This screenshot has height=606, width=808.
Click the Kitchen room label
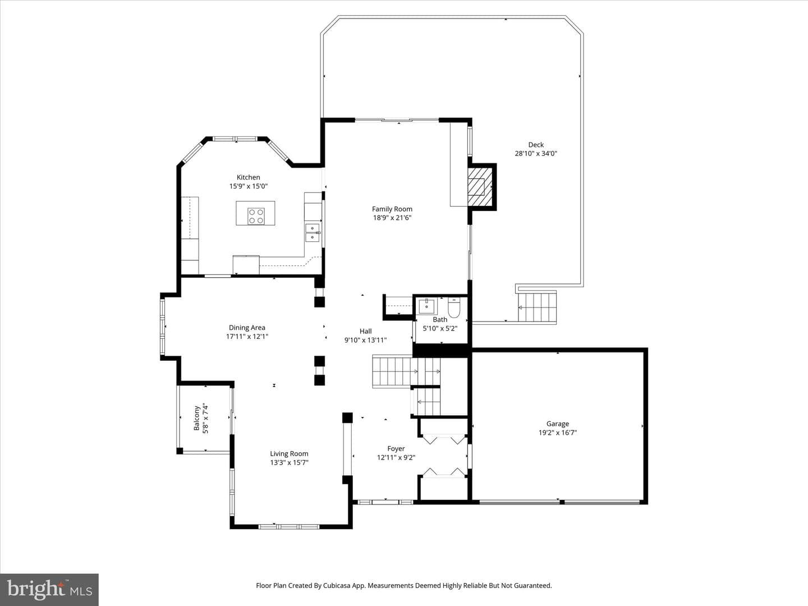tap(248, 177)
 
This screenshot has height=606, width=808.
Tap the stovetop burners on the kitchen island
tap(256, 216)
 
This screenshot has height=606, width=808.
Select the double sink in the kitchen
tap(313, 233)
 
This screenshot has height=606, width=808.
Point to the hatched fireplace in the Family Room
tap(480, 187)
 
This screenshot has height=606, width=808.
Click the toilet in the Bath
tap(454, 307)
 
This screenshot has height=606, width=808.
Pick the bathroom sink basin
tap(426, 306)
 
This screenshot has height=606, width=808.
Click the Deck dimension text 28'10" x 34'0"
tap(536, 153)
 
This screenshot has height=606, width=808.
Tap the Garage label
tap(558, 424)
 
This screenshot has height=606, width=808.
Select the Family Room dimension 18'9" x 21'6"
tap(392, 218)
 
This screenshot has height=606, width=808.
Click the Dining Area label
tap(247, 328)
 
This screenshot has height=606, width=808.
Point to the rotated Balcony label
tap(196, 418)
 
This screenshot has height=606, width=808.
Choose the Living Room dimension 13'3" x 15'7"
tap(290, 462)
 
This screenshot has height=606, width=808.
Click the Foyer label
tap(396, 448)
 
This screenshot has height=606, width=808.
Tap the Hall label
tap(365, 331)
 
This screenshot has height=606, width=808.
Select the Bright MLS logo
tap(49, 589)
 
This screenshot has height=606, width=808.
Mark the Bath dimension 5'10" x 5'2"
tap(440, 328)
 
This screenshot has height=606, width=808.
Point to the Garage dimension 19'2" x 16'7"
tap(558, 433)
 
